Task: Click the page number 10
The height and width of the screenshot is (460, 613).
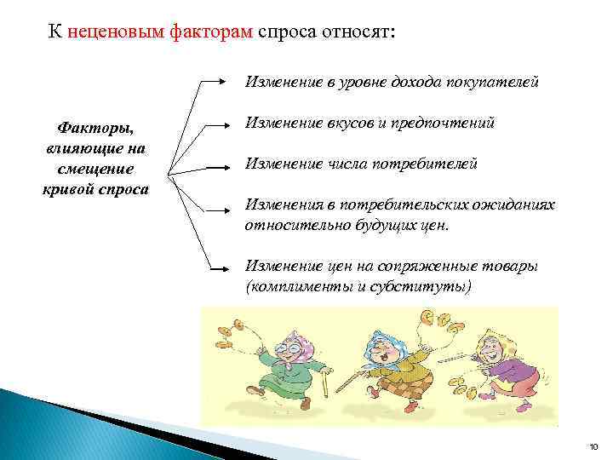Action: pyautogui.click(x=593, y=446)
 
